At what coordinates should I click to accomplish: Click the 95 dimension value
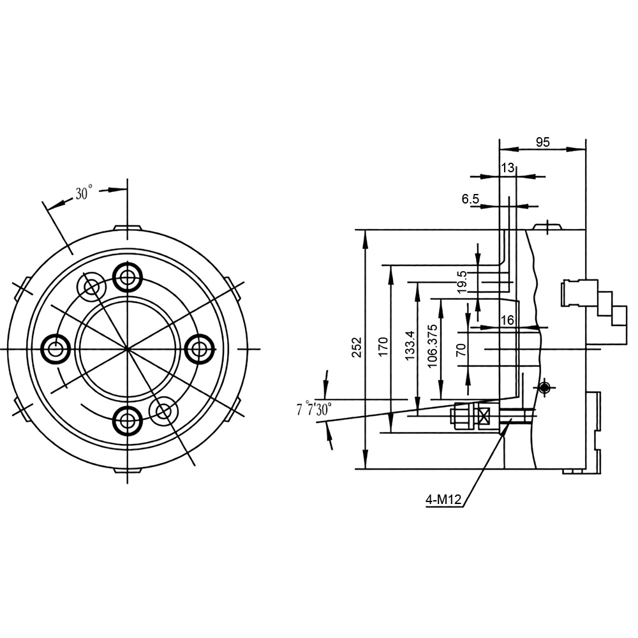(542, 142)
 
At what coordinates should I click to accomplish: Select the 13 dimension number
(507, 168)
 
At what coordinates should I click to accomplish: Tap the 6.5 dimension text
(470, 199)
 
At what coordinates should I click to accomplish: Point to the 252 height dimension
(357, 347)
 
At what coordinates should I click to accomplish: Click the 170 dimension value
(383, 347)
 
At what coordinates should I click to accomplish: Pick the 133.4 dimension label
(410, 345)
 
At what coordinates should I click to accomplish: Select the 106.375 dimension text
(433, 346)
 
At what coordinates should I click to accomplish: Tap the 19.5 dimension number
(462, 282)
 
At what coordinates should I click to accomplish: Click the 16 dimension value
(507, 320)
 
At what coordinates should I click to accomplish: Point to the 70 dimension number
(461, 350)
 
